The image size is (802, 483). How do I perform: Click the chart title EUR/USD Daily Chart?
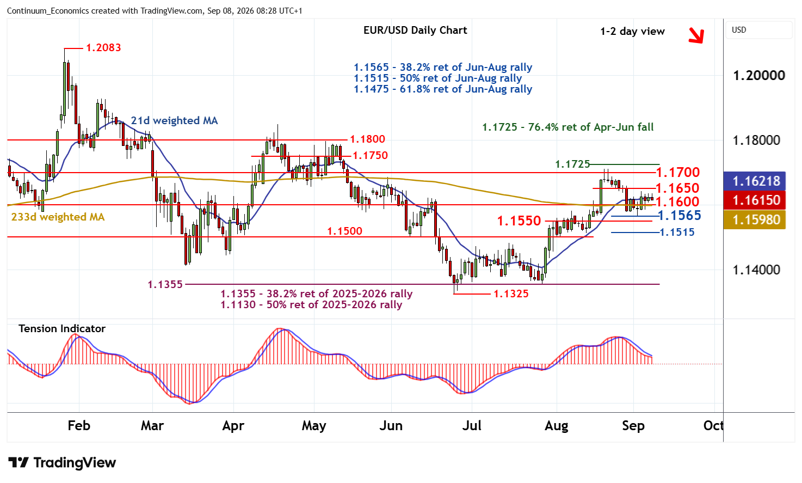[x=415, y=30]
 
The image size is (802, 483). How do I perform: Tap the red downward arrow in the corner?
[x=696, y=35]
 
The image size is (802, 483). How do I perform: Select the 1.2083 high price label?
[x=103, y=48]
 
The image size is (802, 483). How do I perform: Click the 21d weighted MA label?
[x=174, y=120]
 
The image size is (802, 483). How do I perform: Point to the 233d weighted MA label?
[x=58, y=217]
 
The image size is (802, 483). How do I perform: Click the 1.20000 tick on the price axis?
[x=759, y=75]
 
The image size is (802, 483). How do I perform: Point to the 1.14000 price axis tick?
[x=756, y=270]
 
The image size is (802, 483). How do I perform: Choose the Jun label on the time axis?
[x=391, y=426]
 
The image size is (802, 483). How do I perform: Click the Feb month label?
[x=79, y=426]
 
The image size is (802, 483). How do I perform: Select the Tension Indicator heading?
[x=62, y=328]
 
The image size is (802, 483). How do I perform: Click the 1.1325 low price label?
[x=511, y=294]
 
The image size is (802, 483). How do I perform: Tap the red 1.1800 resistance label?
[x=367, y=139]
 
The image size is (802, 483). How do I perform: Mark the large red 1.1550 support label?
[x=519, y=221]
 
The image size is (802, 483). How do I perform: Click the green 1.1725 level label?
[x=572, y=164]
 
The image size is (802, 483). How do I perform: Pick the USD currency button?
[x=739, y=30]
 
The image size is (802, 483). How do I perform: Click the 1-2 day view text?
[x=632, y=32]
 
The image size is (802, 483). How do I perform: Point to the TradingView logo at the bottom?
[x=62, y=462]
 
